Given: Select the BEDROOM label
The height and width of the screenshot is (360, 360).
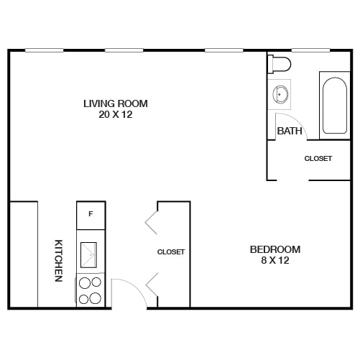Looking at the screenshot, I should [x=275, y=249].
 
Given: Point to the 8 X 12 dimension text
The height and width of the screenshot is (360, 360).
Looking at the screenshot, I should [x=275, y=260].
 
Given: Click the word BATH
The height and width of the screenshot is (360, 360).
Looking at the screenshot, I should [x=289, y=131].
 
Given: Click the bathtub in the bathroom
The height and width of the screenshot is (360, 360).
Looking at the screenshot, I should [x=334, y=106].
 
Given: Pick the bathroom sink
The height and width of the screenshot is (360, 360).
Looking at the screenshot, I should [x=281, y=93].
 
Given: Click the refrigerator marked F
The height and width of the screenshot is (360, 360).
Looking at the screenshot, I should [x=91, y=214].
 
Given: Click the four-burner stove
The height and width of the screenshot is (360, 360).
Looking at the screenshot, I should [x=91, y=290].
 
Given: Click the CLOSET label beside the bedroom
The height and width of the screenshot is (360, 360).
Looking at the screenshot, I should [x=171, y=252].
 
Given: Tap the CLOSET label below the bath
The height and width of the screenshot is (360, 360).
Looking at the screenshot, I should [x=318, y=159].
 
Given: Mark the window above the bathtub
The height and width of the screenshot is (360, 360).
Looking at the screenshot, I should [x=310, y=50].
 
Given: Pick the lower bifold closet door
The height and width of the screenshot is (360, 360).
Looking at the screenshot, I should [x=152, y=285].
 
